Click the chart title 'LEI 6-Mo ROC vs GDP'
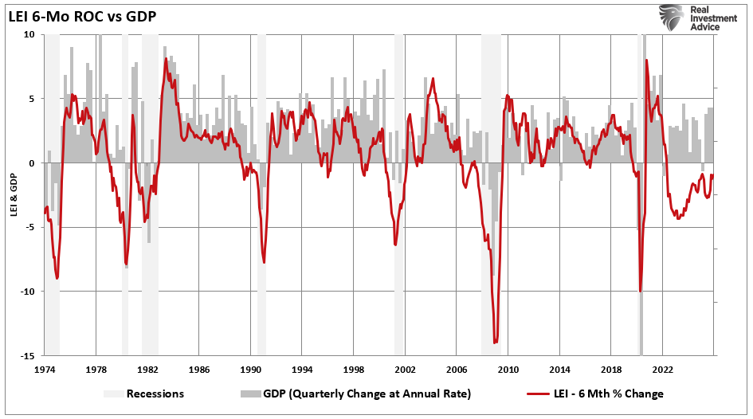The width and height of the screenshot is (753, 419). coord(82,14)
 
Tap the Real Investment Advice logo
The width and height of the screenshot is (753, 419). coord(690,17)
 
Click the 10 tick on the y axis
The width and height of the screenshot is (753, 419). coord(29,35)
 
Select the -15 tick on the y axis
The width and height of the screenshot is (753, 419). coord(27,355)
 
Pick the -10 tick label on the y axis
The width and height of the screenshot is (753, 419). coord(27,292)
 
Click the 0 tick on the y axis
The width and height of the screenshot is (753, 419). coord(31,163)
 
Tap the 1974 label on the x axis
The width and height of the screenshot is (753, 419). coord(45,370)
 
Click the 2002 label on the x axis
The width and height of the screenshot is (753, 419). coord(405,370)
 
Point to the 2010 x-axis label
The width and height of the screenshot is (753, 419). coord(508,370)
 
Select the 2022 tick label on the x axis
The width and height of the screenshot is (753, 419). coord(662,370)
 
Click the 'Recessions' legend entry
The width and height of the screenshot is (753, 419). coord(155,394)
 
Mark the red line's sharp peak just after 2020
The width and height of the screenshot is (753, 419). coord(645,60)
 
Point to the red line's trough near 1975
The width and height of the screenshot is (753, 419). coord(57,278)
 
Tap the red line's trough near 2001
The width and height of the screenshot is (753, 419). coord(396,245)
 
